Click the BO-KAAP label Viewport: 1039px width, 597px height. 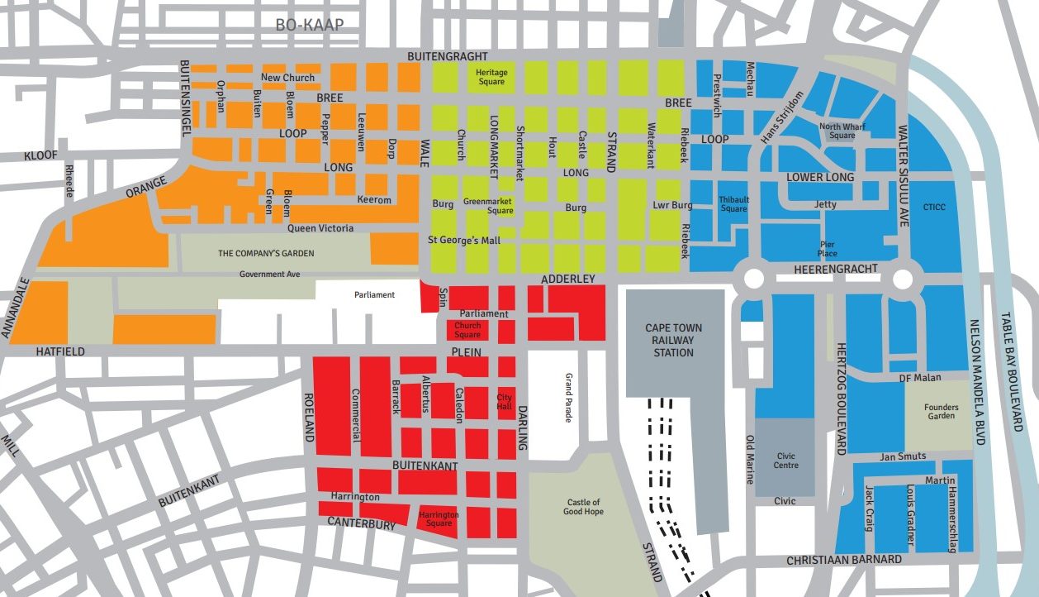pyautogui.click(x=309, y=25)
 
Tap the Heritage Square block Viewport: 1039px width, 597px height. pyautogui.click(x=491, y=77)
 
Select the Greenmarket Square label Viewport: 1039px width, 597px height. pyautogui.click(x=488, y=205)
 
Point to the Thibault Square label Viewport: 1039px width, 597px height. pyautogui.click(x=733, y=204)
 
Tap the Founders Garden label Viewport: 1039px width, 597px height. pyautogui.click(x=941, y=411)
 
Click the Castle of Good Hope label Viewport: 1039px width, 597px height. pyautogui.click(x=584, y=507)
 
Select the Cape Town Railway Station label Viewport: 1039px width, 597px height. pyautogui.click(x=669, y=340)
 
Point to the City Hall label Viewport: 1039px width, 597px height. pyautogui.click(x=504, y=402)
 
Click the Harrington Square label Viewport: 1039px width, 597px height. pyautogui.click(x=439, y=519)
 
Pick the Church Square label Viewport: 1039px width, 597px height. pyautogui.click(x=467, y=330)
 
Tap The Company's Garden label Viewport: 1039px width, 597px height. pyautogui.click(x=266, y=254)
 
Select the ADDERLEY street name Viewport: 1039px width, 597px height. pyautogui.click(x=567, y=279)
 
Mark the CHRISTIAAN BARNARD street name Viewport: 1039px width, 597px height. pyautogui.click(x=843, y=560)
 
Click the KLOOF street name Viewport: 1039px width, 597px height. pyautogui.click(x=40, y=155)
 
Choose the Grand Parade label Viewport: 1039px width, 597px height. pyautogui.click(x=568, y=398)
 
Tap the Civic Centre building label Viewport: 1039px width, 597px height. pyautogui.click(x=785, y=460)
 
